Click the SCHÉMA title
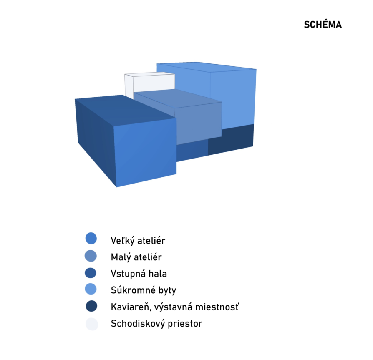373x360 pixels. (x=323, y=25)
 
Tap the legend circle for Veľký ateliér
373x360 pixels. (x=91, y=239)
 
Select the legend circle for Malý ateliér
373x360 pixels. (x=91, y=256)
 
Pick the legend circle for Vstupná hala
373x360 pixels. (x=91, y=273)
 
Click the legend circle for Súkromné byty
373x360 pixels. (x=91, y=289)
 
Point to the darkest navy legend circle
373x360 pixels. (x=92, y=306)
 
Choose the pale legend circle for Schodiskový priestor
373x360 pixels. (x=92, y=324)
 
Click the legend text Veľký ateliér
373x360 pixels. (x=138, y=241)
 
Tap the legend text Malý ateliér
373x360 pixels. (x=136, y=257)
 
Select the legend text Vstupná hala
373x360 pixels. (x=139, y=274)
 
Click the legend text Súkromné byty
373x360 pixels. (x=144, y=290)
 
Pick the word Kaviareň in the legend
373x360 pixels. (x=131, y=307)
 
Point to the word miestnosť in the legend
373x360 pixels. (x=217, y=307)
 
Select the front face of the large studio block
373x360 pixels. (x=145, y=152)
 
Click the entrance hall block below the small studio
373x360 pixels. (x=192, y=150)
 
